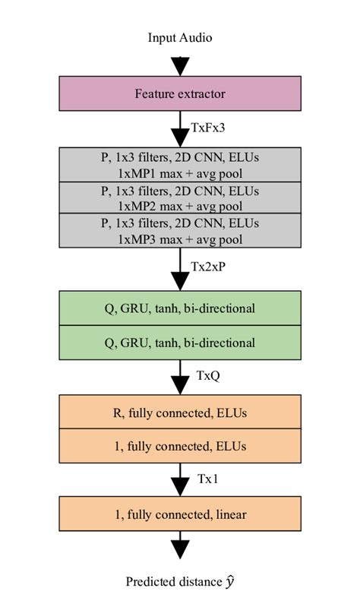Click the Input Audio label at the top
click(180, 37)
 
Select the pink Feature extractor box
click(180, 94)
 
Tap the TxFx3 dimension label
click(208, 128)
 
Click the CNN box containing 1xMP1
click(180, 165)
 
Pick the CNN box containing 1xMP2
click(180, 198)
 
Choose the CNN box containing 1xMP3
click(180, 230)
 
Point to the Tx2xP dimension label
click(209, 267)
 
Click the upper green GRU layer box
click(180, 308)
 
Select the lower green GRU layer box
click(180, 342)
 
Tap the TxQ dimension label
click(207, 375)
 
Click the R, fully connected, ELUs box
click(180, 413)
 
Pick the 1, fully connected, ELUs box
click(180, 446)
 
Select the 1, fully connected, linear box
click(180, 514)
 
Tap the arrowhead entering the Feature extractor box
click(180, 67)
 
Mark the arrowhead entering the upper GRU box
click(180, 281)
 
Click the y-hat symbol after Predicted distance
click(229, 582)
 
